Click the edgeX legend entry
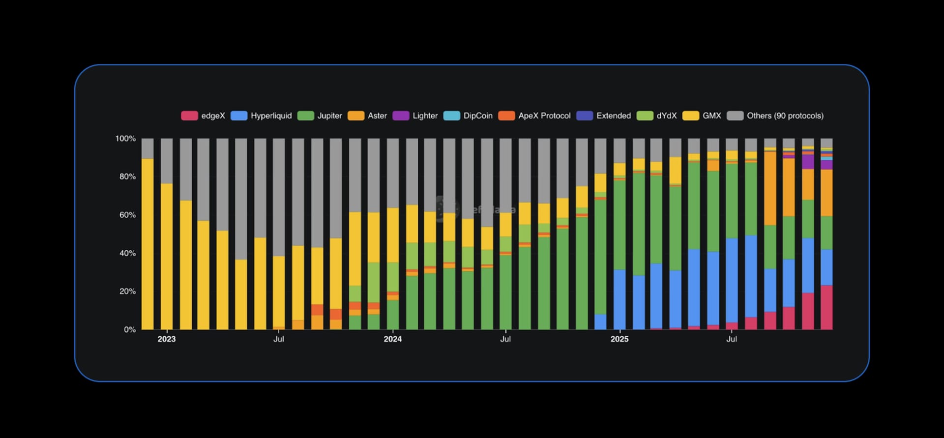click(x=203, y=116)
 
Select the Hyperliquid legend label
click(x=262, y=116)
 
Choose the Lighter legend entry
click(x=415, y=116)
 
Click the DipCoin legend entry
click(x=468, y=116)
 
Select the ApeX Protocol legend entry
click(x=534, y=116)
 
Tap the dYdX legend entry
click(x=657, y=116)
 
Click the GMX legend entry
click(x=702, y=116)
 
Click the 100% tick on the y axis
click(x=125, y=139)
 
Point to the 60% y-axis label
click(x=127, y=215)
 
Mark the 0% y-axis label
click(x=129, y=329)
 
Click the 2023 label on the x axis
click(x=166, y=339)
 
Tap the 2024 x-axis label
click(x=392, y=339)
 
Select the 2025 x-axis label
click(x=619, y=339)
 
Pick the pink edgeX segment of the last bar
click(x=826, y=307)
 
